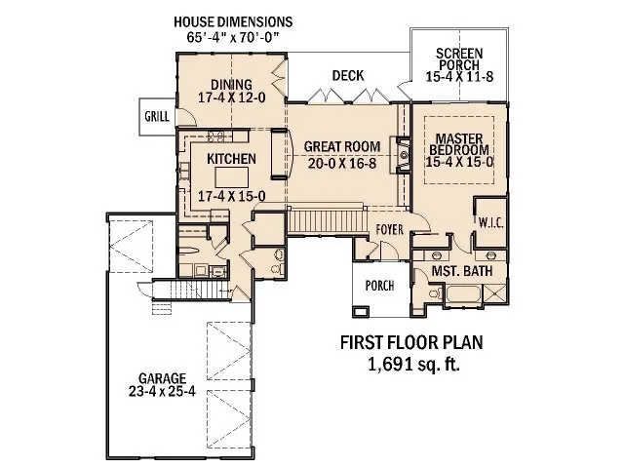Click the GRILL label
tap(157, 117)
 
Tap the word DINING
tap(228, 84)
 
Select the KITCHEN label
tap(231, 158)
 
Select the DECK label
tap(347, 74)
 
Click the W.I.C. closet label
tap(489, 223)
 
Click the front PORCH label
tap(378, 287)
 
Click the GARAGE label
tap(161, 377)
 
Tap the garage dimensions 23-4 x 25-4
tap(161, 393)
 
